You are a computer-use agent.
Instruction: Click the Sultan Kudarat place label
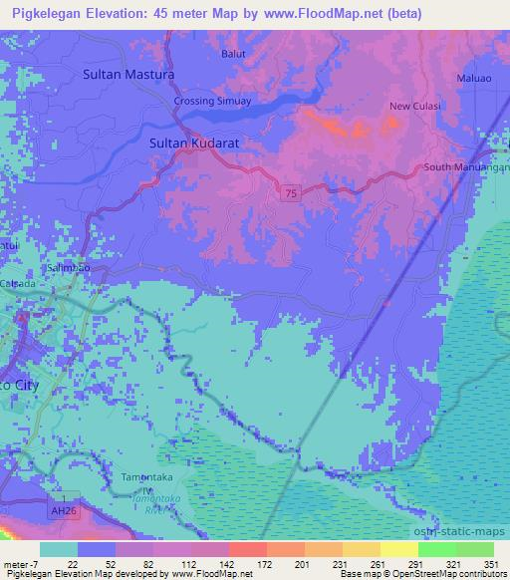[x=194, y=144]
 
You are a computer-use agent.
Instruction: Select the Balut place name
[x=233, y=54]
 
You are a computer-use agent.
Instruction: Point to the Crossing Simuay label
[x=213, y=102]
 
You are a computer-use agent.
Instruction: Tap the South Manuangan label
[x=466, y=167]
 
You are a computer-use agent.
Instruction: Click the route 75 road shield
[x=288, y=192]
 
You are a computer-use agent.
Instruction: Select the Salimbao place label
[x=68, y=268]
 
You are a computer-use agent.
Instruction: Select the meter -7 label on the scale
[x=20, y=565]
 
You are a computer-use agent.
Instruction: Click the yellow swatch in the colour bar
[x=398, y=549]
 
